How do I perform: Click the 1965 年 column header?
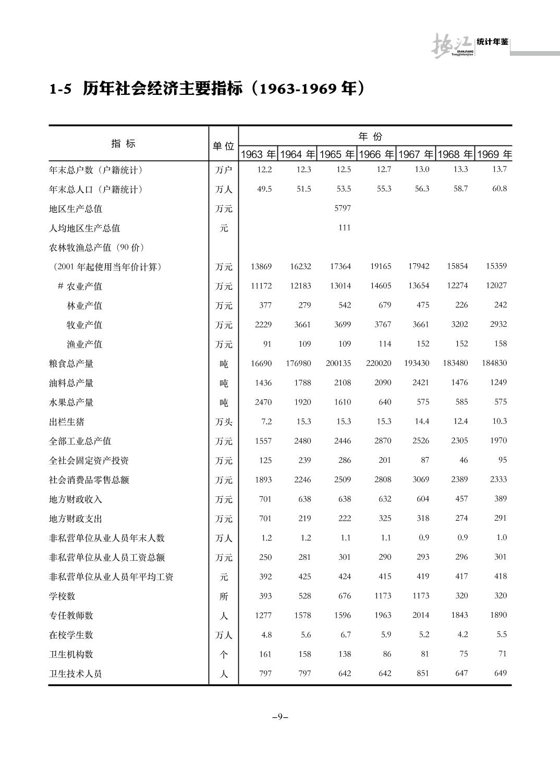click(x=337, y=154)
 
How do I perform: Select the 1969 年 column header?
click(x=494, y=154)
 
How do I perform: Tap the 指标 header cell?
click(x=123, y=144)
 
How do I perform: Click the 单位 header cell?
click(x=223, y=146)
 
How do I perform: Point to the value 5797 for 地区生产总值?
click(x=343, y=208)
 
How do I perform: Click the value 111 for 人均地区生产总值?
click(x=344, y=227)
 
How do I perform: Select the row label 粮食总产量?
click(x=71, y=363)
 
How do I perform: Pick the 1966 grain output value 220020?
click(x=379, y=363)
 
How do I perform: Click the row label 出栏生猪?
click(x=66, y=422)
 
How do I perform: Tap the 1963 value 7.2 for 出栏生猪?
click(x=266, y=421)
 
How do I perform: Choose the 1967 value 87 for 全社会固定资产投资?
click(x=425, y=460)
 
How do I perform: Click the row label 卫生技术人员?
click(x=75, y=673)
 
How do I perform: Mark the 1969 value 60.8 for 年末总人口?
click(x=500, y=189)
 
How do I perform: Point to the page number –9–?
click(x=280, y=717)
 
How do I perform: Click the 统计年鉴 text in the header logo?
click(x=492, y=42)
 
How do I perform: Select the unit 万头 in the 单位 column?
click(x=224, y=422)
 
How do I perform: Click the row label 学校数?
click(x=62, y=596)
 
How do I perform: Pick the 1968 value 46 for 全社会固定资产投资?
click(x=464, y=460)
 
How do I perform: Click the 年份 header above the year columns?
click(x=370, y=137)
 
